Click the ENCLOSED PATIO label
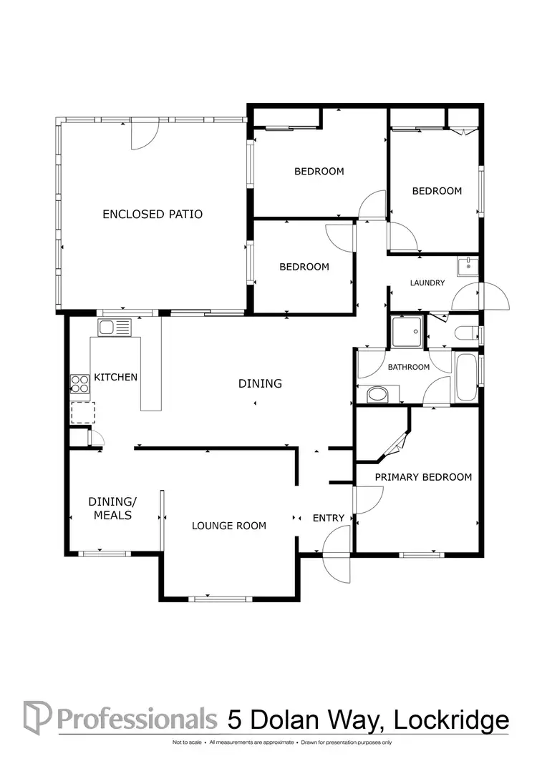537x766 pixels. pos(153,214)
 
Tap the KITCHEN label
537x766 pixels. pos(115,377)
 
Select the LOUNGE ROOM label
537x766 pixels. pos(228,526)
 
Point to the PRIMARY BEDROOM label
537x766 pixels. pos(423,477)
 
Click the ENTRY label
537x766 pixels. pos(329,518)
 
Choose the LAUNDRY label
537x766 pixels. pos(427,283)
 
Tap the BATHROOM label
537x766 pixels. pos(408,367)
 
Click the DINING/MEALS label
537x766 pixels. pos(110,508)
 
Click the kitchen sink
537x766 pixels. pos(115,328)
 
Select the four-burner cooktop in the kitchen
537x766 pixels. pos(79,384)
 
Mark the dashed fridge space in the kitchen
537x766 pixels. pos(82,413)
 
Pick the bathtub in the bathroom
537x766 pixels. pos(465,378)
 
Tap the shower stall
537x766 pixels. pos(407,332)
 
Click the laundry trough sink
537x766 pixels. pos(468,266)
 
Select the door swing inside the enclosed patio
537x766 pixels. pos(142,136)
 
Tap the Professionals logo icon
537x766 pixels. pos(37,717)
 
